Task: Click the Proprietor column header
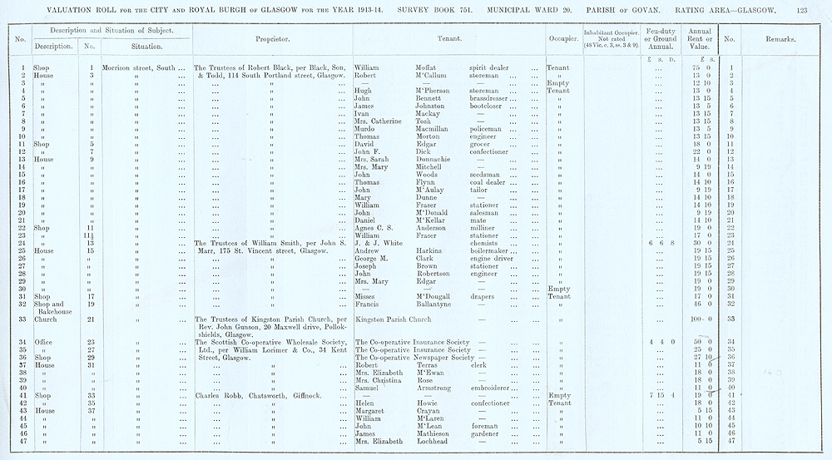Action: (x=272, y=38)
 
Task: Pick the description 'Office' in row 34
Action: (x=43, y=343)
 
